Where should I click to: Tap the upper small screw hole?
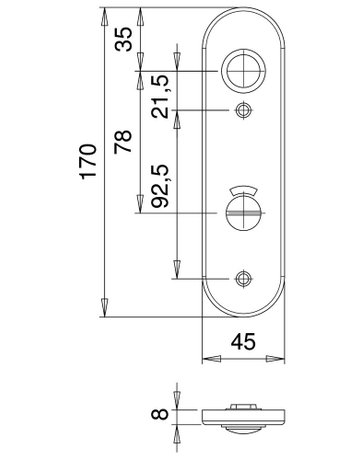click(x=242, y=110)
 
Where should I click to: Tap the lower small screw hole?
click(x=242, y=277)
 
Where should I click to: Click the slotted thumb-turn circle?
click(x=242, y=212)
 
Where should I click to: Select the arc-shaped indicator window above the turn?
click(x=242, y=190)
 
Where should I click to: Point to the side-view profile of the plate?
click(x=242, y=415)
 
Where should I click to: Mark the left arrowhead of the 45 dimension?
click(x=207, y=357)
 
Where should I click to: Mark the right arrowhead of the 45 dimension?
click(x=279, y=357)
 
